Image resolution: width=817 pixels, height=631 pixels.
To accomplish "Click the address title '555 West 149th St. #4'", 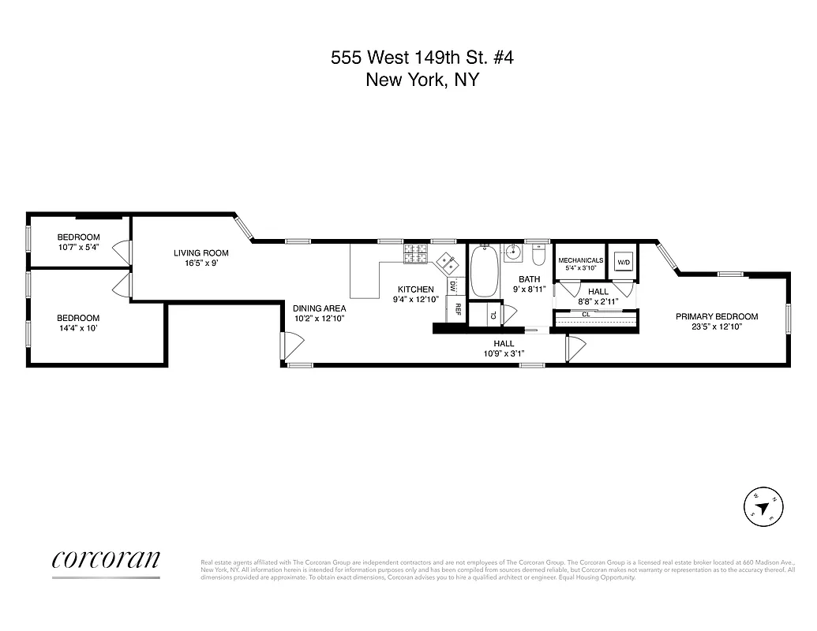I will click(x=422, y=58).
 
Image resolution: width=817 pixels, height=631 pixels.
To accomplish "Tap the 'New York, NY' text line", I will click(x=422, y=80).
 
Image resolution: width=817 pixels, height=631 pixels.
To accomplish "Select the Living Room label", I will click(x=201, y=253).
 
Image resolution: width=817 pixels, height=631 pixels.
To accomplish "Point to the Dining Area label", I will click(x=319, y=308).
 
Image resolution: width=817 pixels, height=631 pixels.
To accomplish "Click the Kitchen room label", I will click(x=416, y=289).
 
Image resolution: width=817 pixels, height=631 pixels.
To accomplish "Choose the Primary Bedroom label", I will click(x=716, y=316).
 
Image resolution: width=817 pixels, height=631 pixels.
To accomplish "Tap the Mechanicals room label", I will click(x=580, y=260).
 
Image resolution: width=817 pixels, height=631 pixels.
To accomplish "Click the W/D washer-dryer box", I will click(x=624, y=262).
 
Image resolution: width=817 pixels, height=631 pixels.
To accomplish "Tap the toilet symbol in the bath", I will click(x=538, y=256).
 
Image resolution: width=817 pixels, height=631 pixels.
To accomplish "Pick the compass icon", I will click(x=764, y=505).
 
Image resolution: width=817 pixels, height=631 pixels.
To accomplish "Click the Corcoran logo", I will click(x=106, y=559).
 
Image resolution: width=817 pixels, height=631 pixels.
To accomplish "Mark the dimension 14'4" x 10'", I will click(x=77, y=327).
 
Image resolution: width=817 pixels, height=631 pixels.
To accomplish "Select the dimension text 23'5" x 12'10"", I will click(x=716, y=327).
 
